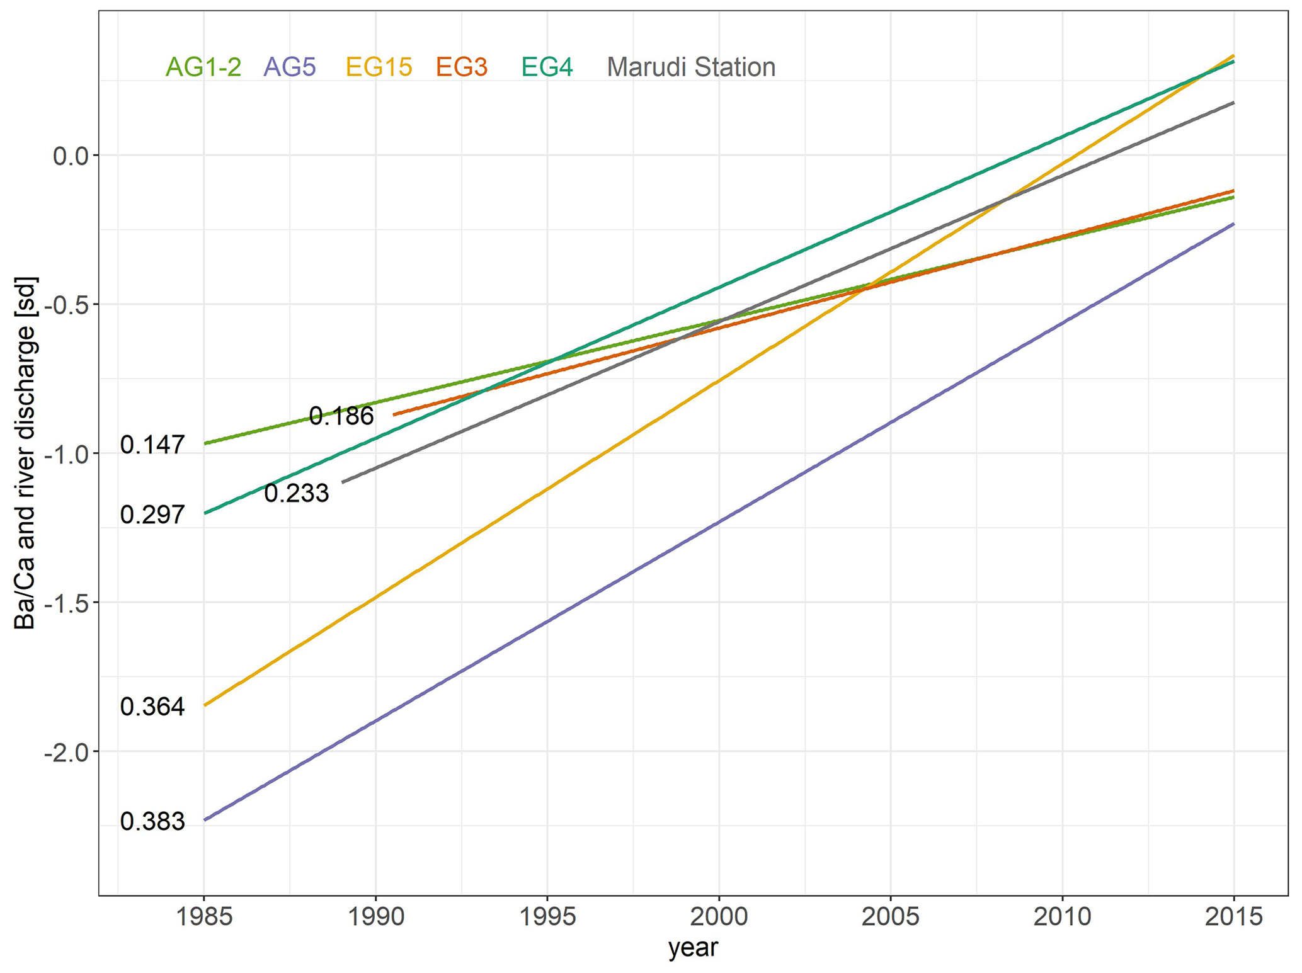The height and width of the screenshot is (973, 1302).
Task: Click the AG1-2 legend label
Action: coord(203,67)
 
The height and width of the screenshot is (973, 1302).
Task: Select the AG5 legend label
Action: coord(290,67)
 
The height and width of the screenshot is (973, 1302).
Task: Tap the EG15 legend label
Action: coord(379,67)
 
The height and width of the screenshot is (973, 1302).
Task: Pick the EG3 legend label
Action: coord(462,67)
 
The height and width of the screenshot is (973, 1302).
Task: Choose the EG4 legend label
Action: coord(547,67)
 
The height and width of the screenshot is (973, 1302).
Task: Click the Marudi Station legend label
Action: coord(691,67)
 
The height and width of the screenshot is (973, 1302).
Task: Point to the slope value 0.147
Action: coord(152,445)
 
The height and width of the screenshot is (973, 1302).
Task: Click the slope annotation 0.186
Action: coord(341,416)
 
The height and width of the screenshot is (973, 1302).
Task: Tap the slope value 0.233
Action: coord(296,493)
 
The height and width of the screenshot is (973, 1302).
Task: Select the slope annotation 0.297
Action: coord(152,515)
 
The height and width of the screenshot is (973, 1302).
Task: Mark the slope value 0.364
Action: coord(152,707)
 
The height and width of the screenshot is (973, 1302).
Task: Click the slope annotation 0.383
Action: coord(152,822)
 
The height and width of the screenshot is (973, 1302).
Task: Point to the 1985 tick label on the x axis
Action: coord(204,917)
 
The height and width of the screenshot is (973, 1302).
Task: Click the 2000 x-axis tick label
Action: coord(719,917)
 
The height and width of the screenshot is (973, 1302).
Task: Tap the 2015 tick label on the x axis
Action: coord(1233,917)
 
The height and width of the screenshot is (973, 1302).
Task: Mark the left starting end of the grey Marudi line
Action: coord(343,482)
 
